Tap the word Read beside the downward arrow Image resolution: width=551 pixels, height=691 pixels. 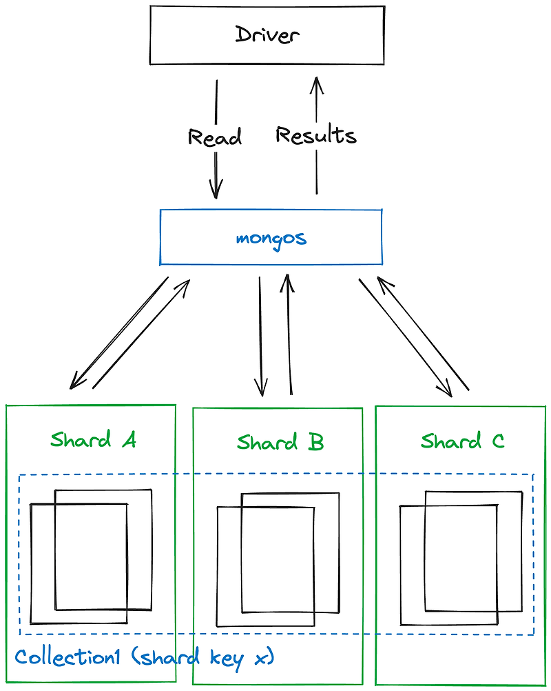tap(215, 137)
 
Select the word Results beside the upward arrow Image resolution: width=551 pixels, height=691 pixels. tap(316, 134)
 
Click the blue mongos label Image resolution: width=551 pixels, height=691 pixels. tap(271, 239)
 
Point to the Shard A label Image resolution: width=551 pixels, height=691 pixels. tap(93, 439)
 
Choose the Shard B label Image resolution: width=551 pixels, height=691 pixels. tap(280, 442)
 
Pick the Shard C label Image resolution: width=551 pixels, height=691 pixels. tap(462, 441)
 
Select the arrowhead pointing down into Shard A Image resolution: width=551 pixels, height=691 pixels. tap(75, 383)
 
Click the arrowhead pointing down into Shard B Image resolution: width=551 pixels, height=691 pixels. tap(262, 390)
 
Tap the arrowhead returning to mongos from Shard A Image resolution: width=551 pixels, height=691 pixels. tap(185, 284)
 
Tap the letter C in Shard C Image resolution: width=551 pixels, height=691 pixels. tap(497, 441)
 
